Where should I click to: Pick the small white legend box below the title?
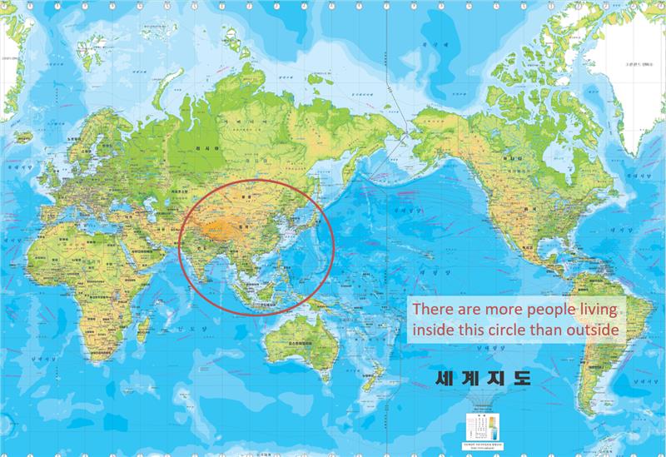click(483, 427)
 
